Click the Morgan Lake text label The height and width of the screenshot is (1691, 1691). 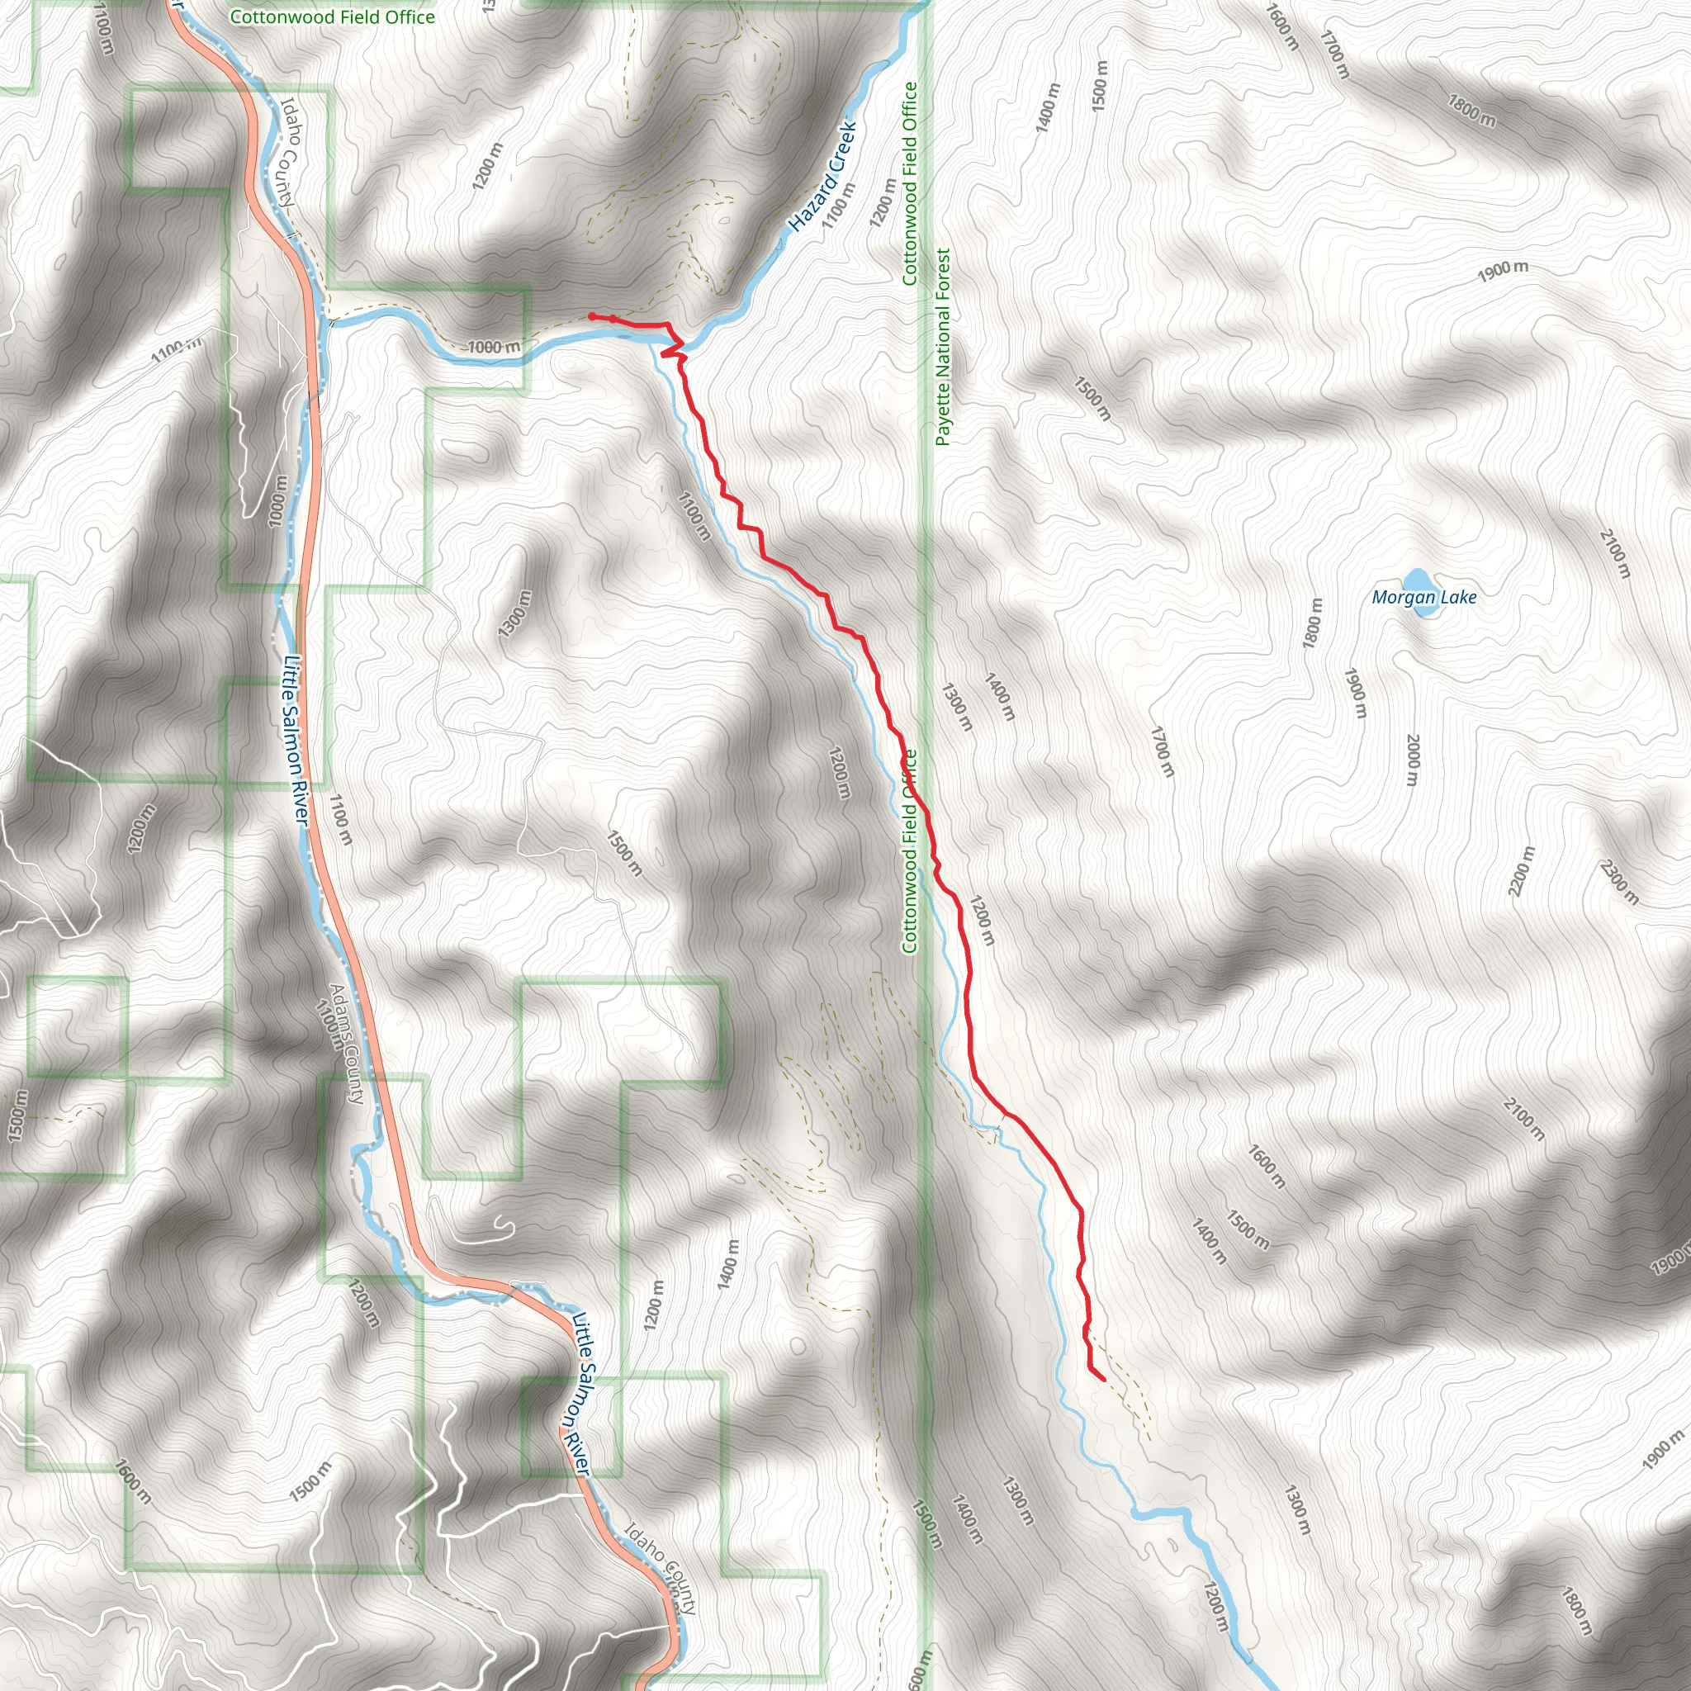(x=1424, y=598)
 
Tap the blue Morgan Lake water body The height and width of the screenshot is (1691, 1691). (x=1417, y=581)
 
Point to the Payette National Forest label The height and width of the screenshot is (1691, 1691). (x=943, y=348)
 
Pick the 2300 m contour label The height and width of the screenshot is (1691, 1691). (x=1619, y=883)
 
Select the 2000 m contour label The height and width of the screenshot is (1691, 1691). (x=1413, y=760)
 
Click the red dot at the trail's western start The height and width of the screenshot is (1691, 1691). (x=592, y=316)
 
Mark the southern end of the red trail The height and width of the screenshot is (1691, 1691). (x=1102, y=1380)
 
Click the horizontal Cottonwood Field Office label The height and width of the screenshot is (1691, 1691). (x=332, y=17)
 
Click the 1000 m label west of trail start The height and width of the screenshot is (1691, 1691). (x=494, y=348)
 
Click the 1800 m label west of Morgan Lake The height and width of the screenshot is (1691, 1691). (x=1313, y=623)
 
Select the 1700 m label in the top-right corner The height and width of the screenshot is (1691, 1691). (x=1336, y=54)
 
